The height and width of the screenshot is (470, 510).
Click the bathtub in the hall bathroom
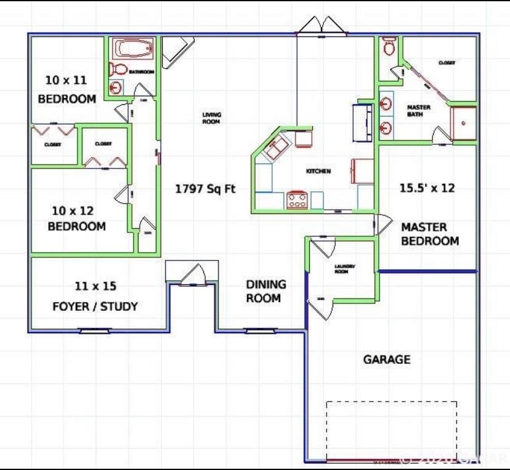click(132, 49)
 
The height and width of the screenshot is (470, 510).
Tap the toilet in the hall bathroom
click(119, 69)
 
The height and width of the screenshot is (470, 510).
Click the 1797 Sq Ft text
click(205, 189)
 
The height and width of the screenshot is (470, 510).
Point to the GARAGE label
click(386, 359)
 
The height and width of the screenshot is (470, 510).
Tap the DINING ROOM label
click(266, 291)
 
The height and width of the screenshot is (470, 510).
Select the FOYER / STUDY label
click(95, 307)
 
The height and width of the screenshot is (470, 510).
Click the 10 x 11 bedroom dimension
click(67, 80)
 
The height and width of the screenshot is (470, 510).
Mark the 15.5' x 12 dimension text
click(427, 188)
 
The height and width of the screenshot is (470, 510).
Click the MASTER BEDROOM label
click(429, 234)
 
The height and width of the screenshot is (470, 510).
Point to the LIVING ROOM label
click(211, 118)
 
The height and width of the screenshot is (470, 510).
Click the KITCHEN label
click(318, 171)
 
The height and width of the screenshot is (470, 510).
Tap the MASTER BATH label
click(419, 111)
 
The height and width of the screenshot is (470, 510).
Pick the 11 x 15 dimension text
click(95, 286)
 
